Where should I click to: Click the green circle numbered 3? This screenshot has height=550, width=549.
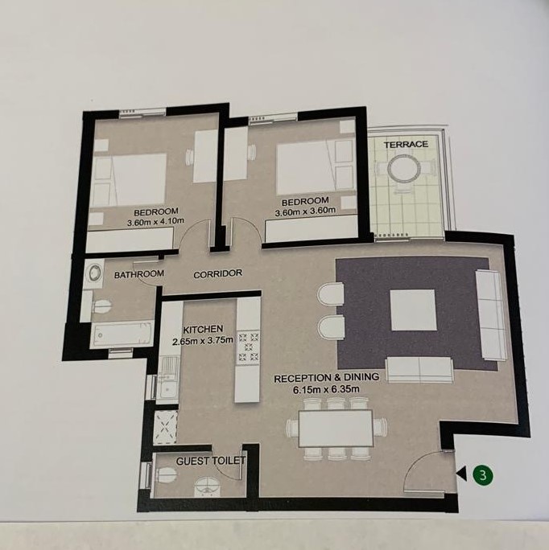483,475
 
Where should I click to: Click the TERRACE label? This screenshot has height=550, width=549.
406,144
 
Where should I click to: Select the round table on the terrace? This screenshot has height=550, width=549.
403,169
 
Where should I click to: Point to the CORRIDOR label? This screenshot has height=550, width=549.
218,274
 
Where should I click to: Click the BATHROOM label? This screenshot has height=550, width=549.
139,274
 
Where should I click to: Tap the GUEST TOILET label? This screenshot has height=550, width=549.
210,461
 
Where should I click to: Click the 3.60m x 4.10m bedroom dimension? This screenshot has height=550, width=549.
155,221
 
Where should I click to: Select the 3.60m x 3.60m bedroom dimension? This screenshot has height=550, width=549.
305,211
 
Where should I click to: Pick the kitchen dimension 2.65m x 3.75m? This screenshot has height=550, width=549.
203,340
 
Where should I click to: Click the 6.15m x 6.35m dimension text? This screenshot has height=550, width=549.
327,388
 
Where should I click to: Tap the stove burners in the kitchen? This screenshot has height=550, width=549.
249,347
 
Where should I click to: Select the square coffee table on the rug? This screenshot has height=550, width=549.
412,310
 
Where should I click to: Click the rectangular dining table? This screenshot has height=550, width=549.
335,429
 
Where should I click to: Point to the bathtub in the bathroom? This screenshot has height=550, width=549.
122,335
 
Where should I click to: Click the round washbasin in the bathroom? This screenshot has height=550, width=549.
94,273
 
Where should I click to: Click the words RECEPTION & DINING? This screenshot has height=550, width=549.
326,378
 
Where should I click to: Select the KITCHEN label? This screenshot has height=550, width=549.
203,330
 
